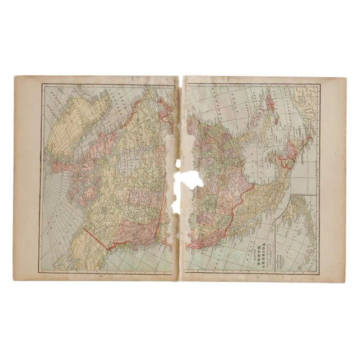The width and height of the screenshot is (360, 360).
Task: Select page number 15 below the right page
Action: pyautogui.click(x=258, y=276)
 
